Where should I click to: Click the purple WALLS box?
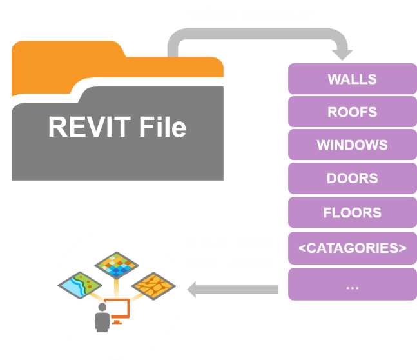(x=352, y=79)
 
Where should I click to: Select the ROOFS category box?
(x=352, y=112)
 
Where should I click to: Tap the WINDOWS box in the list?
(x=352, y=145)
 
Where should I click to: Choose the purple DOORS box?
(x=352, y=179)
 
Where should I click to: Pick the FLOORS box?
(x=352, y=212)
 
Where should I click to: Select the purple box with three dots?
(x=352, y=285)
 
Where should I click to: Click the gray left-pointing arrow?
(x=232, y=290)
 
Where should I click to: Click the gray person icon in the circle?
(x=101, y=318)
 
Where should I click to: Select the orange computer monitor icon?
(x=118, y=311)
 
